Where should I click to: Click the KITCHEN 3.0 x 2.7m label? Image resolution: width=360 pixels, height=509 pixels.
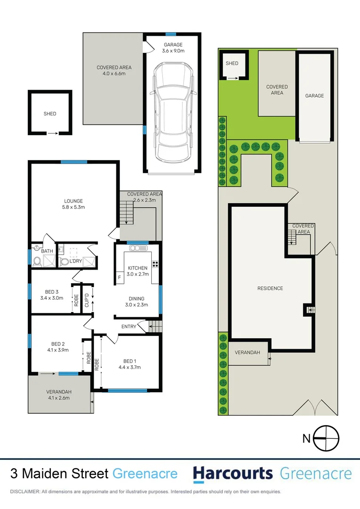pos(138,271)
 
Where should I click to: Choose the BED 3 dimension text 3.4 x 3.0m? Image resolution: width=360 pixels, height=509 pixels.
pos(51,297)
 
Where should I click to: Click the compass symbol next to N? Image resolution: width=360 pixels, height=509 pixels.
pos(326,438)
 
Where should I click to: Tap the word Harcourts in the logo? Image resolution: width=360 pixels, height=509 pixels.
pos(233,473)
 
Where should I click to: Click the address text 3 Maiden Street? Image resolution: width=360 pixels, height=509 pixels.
pos(59,474)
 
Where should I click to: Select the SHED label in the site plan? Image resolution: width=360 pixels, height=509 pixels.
pos(232,64)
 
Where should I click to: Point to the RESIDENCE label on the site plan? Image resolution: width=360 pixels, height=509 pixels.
pos(270,288)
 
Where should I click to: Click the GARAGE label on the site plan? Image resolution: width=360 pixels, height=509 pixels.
pos(314,96)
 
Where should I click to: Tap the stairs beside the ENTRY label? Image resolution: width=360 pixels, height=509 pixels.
pos(155,326)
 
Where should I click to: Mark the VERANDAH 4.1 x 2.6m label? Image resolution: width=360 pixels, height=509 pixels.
pos(59,395)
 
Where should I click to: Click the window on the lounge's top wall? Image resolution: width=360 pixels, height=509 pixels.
pos(74,162)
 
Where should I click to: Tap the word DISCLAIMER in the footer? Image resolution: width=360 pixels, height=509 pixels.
pos(25,492)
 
